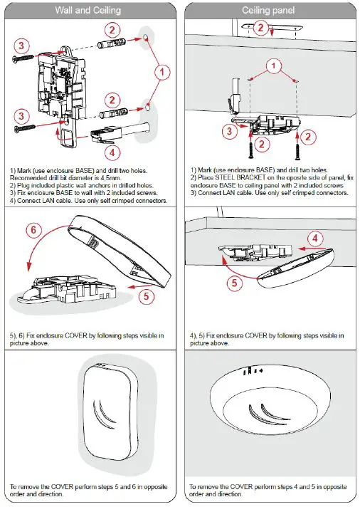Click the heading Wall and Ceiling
point(90,10)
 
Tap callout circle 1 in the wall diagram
point(162,71)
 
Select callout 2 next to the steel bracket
point(260,28)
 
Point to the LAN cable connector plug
point(102,132)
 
